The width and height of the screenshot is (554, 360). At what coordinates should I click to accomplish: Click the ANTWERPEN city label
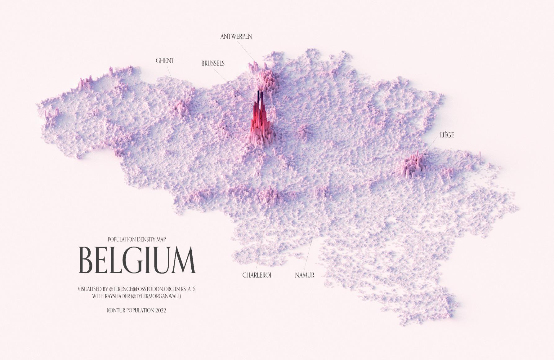(x=236, y=37)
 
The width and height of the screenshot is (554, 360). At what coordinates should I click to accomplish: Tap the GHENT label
(x=165, y=61)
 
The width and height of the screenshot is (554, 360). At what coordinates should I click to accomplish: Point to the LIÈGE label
(x=447, y=135)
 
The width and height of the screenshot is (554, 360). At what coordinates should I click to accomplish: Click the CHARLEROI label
(x=257, y=275)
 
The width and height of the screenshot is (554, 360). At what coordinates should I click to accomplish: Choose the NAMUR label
(x=305, y=275)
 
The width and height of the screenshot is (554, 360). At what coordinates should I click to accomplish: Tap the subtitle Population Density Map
(x=136, y=239)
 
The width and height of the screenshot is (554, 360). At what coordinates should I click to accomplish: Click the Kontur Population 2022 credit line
(x=136, y=310)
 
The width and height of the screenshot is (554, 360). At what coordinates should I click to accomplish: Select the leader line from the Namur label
(x=313, y=236)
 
